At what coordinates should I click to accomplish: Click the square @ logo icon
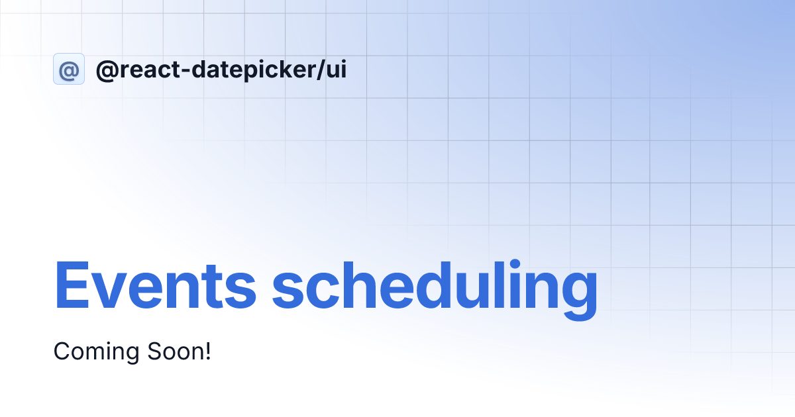click(x=69, y=69)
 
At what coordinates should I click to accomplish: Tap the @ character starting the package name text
click(x=107, y=70)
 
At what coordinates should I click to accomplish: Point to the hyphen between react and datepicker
click(x=185, y=71)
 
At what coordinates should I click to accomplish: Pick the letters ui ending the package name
click(x=336, y=69)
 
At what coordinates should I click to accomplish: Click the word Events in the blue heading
click(x=155, y=285)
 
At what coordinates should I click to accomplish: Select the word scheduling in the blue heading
click(x=435, y=290)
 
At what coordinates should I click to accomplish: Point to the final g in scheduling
click(x=580, y=297)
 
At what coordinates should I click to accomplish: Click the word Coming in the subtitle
click(x=96, y=351)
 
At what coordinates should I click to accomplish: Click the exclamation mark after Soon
click(x=208, y=351)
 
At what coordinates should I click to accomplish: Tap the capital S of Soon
click(x=155, y=351)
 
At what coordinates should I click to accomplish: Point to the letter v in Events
click(x=107, y=291)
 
